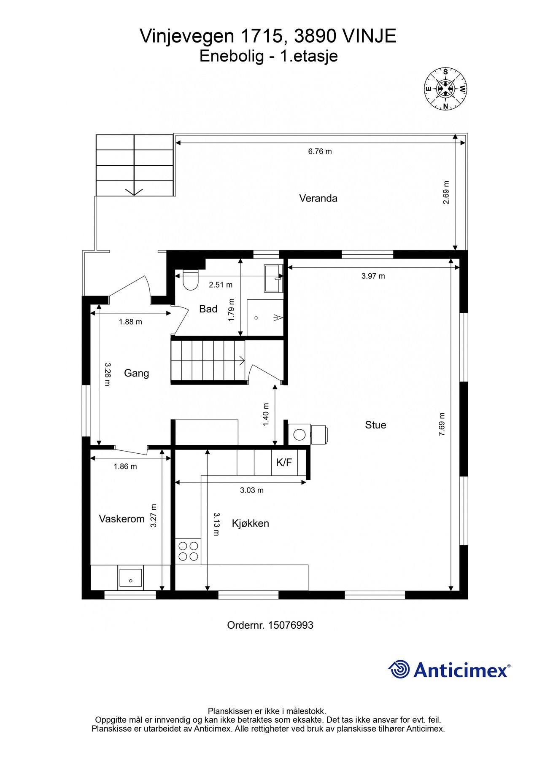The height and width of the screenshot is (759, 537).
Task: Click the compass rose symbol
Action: [445, 89]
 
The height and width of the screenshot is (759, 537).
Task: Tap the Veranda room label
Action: [318, 198]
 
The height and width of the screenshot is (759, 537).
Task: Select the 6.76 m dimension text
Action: [320, 151]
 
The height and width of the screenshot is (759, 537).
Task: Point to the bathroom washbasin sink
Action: [273, 278]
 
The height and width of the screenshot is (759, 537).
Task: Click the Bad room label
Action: [208, 309]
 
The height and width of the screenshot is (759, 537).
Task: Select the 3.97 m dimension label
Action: [373, 276]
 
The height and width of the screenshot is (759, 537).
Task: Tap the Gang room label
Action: [136, 373]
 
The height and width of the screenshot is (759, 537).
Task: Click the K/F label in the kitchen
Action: [284, 463]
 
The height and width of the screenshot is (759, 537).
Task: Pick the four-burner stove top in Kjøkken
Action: [188, 551]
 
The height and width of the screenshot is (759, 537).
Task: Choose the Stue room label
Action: [375, 425]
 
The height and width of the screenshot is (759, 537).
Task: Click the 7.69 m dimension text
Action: [442, 424]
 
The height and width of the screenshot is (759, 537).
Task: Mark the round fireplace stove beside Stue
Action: [300, 434]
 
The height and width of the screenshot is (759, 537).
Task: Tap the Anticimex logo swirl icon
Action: [399, 669]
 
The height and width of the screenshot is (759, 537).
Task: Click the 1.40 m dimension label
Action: [266, 414]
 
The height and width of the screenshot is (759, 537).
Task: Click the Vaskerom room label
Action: [121, 519]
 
